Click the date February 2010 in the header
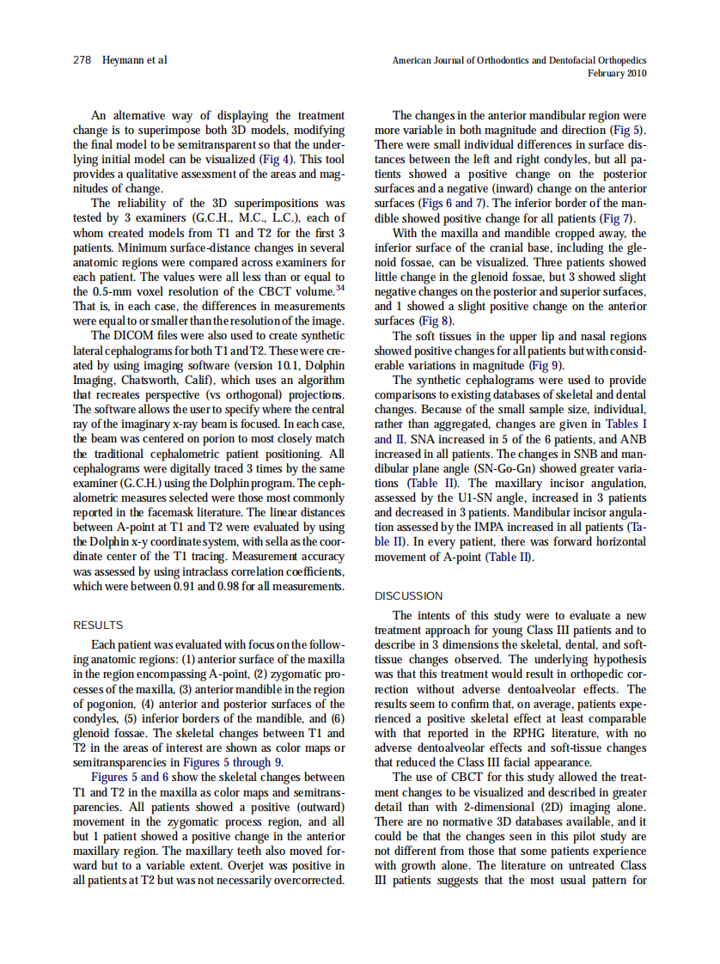pos(617,74)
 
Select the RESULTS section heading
pos(98,625)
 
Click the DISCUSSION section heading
pos(409,595)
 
